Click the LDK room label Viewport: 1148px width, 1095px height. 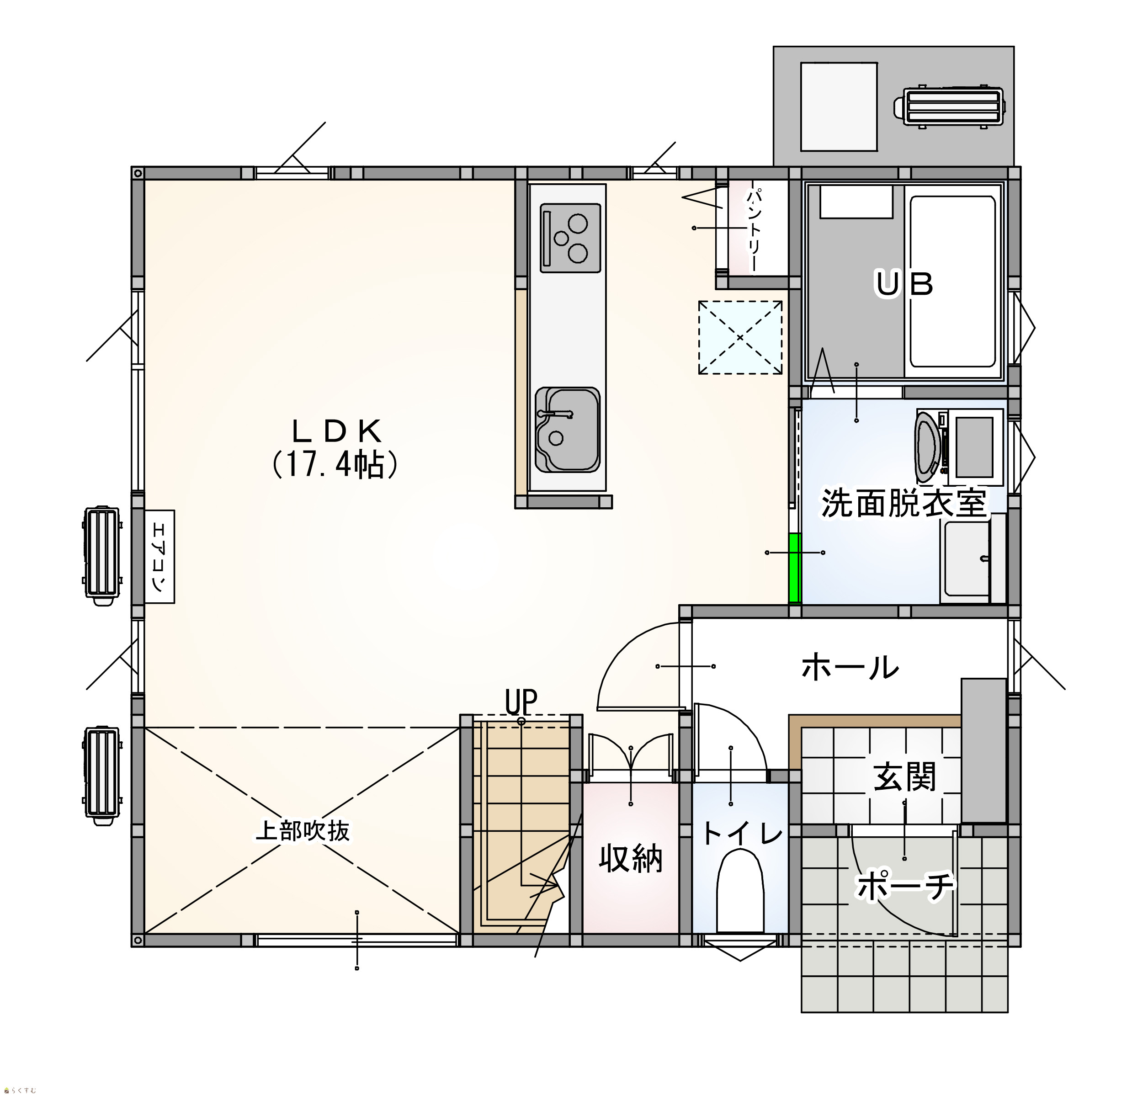pyautogui.click(x=336, y=431)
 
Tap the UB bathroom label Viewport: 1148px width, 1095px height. pyautogui.click(x=904, y=285)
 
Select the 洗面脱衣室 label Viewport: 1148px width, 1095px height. pyautogui.click(x=904, y=503)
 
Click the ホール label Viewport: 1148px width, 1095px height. pyautogui.click(x=850, y=667)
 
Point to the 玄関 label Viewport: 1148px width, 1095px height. pyautogui.click(x=904, y=776)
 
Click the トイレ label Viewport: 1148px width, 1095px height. pyautogui.click(x=742, y=834)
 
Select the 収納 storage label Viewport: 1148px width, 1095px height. pyautogui.click(x=631, y=859)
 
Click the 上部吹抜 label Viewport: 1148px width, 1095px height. pyautogui.click(x=303, y=830)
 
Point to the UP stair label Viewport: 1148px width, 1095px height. pyautogui.click(x=521, y=702)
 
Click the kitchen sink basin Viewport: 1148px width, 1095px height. pyautogui.click(x=567, y=429)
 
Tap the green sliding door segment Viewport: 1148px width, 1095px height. pyautogui.click(x=794, y=568)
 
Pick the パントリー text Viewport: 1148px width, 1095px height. pyautogui.click(x=754, y=229)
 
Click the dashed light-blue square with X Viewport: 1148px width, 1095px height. pyautogui.click(x=740, y=337)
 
